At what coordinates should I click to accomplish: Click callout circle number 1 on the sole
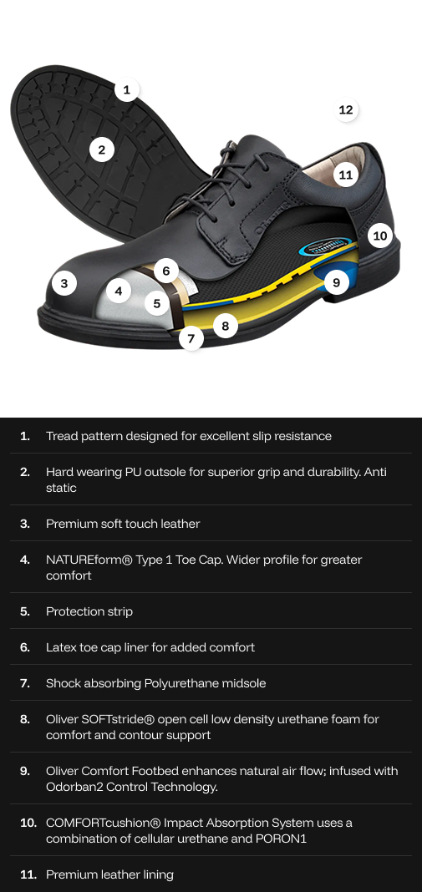126,89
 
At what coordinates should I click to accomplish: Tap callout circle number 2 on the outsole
101,150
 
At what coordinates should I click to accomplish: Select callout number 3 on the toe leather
64,283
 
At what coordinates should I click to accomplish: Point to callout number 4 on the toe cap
119,291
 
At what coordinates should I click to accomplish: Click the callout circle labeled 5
156,304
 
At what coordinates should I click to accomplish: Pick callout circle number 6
166,271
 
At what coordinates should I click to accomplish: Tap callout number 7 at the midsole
191,338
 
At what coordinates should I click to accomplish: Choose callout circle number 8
225,326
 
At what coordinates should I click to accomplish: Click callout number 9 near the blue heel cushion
336,282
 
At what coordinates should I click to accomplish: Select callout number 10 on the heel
380,236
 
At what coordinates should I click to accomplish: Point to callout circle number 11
346,175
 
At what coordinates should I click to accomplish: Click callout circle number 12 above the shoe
346,109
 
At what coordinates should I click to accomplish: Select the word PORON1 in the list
283,839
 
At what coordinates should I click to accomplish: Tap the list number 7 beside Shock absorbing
25,683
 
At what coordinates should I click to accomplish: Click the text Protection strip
89,611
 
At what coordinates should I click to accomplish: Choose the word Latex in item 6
62,647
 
